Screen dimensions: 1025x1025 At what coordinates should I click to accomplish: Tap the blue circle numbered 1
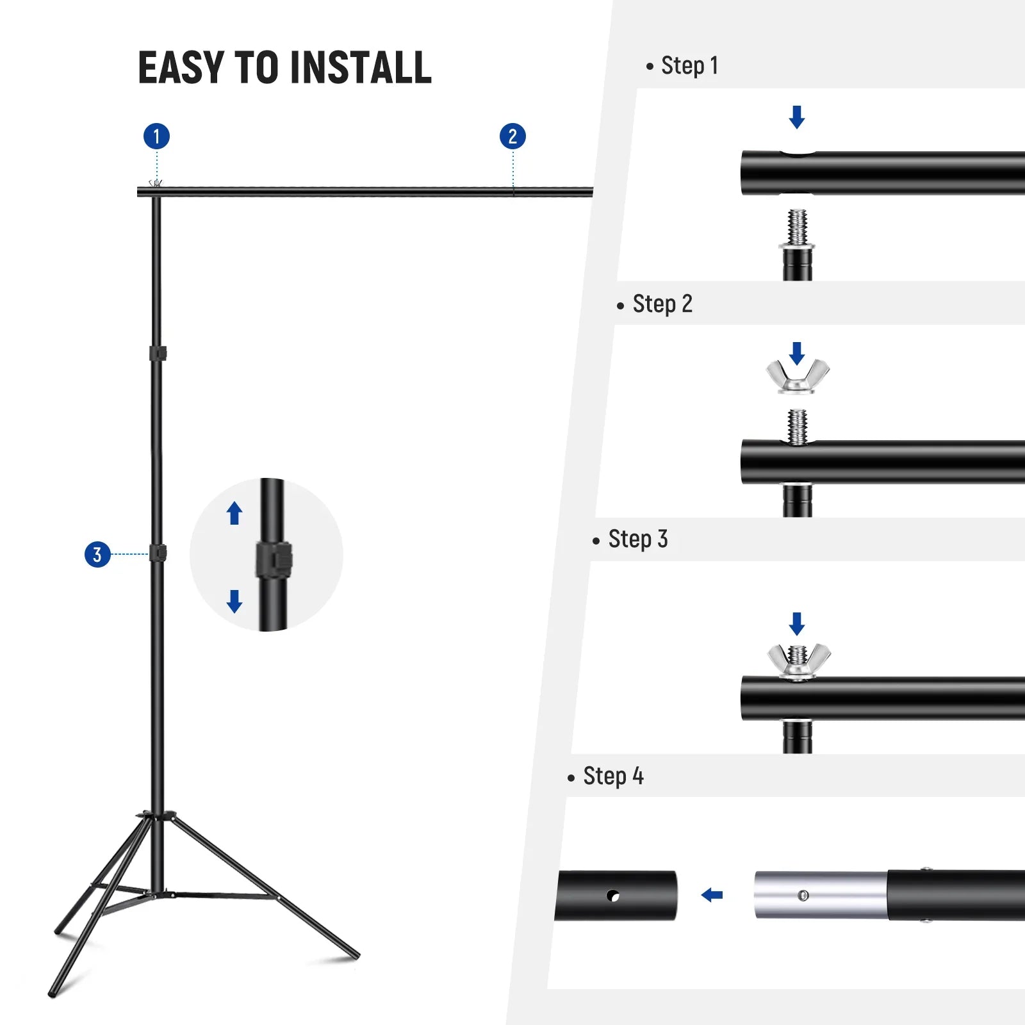point(156,136)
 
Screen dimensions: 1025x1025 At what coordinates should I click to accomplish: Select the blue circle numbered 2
point(512,136)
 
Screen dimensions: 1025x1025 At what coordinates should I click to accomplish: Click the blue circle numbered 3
point(97,555)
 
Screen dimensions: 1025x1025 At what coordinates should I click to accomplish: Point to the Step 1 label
point(689,66)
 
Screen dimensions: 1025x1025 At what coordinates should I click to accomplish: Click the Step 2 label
point(662,304)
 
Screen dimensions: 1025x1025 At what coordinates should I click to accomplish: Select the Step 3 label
point(637,539)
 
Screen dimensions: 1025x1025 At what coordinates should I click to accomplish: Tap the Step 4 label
point(612,776)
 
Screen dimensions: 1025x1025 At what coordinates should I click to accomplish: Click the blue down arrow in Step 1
point(797,117)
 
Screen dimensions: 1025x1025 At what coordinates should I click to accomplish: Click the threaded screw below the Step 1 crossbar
point(798,227)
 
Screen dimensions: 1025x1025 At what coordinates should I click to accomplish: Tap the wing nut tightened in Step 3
point(799,660)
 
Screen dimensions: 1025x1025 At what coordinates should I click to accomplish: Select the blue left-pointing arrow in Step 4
point(712,895)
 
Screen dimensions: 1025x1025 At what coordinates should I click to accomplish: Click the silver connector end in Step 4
point(820,895)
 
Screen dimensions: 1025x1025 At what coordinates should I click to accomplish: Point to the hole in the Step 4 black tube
point(613,896)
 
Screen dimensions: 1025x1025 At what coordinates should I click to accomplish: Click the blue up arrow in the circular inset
point(234,513)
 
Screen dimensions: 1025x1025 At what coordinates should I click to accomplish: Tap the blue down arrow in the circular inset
point(234,601)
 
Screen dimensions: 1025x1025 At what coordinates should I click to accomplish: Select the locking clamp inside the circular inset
point(274,560)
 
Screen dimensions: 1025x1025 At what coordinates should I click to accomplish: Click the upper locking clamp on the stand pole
point(158,353)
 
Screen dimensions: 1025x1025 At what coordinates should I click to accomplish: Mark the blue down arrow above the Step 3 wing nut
point(797,623)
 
